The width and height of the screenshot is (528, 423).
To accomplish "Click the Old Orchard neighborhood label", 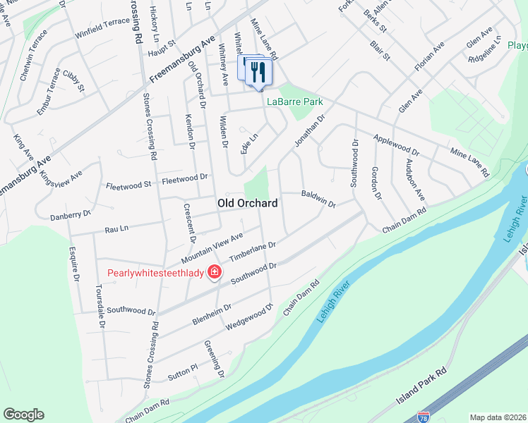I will point(246,203).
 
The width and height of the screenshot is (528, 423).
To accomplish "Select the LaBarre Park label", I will point(294,102).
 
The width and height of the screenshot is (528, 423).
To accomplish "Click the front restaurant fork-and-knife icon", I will point(259,72).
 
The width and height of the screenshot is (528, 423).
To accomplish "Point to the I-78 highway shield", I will point(424,417).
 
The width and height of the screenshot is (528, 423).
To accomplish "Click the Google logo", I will point(23,415).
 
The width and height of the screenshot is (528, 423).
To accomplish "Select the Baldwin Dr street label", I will point(318,198).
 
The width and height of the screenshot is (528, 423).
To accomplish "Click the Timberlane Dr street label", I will point(251,254).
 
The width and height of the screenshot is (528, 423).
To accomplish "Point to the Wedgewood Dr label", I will point(249,317).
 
